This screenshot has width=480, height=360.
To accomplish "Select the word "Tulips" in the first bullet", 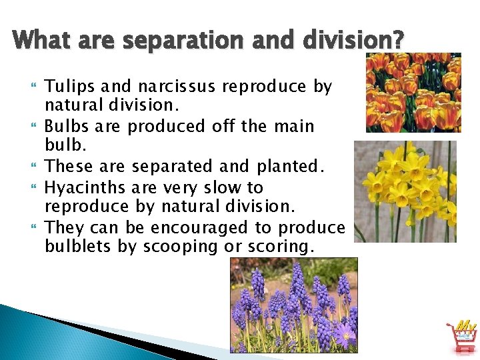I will pyautogui.click(x=67, y=87).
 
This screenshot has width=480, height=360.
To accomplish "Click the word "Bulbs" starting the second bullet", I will pyautogui.click(x=65, y=127).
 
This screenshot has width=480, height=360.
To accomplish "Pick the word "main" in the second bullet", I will pyautogui.click(x=290, y=127).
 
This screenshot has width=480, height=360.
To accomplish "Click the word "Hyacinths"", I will pyautogui.click(x=83, y=187).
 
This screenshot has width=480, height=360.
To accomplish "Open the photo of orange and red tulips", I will pyautogui.click(x=413, y=92).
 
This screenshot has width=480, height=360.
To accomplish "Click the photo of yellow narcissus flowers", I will pyautogui.click(x=405, y=191).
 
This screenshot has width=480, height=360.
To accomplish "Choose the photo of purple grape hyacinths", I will pyautogui.click(x=293, y=305).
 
